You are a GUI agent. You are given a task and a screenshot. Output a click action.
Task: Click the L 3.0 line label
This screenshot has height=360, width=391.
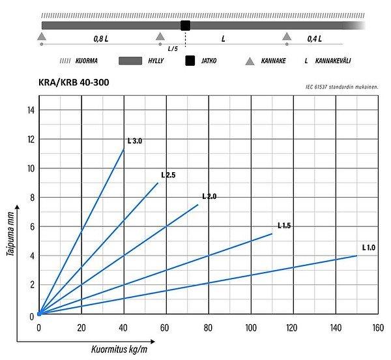(135, 141)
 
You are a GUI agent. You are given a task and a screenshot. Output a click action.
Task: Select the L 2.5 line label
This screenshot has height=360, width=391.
(169, 175)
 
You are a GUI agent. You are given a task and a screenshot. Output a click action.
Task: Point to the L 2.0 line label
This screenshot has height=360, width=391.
(209, 196)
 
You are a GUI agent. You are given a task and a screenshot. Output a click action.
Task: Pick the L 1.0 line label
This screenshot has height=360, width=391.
(369, 247)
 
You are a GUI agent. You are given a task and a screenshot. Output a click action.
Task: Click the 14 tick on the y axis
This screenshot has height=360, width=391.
(30, 110)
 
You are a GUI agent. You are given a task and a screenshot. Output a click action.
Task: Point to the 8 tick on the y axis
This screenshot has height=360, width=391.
(30, 198)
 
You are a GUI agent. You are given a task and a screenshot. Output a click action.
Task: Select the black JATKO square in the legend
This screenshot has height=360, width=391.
(190, 61)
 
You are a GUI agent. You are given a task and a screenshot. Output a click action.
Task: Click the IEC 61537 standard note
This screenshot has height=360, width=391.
(343, 87)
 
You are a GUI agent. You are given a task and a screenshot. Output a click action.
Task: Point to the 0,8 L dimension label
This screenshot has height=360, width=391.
(100, 39)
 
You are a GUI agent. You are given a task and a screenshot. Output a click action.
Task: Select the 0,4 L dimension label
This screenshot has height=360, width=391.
(315, 39)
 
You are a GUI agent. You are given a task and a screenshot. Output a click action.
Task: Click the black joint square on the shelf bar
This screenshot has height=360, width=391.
(185, 25)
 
